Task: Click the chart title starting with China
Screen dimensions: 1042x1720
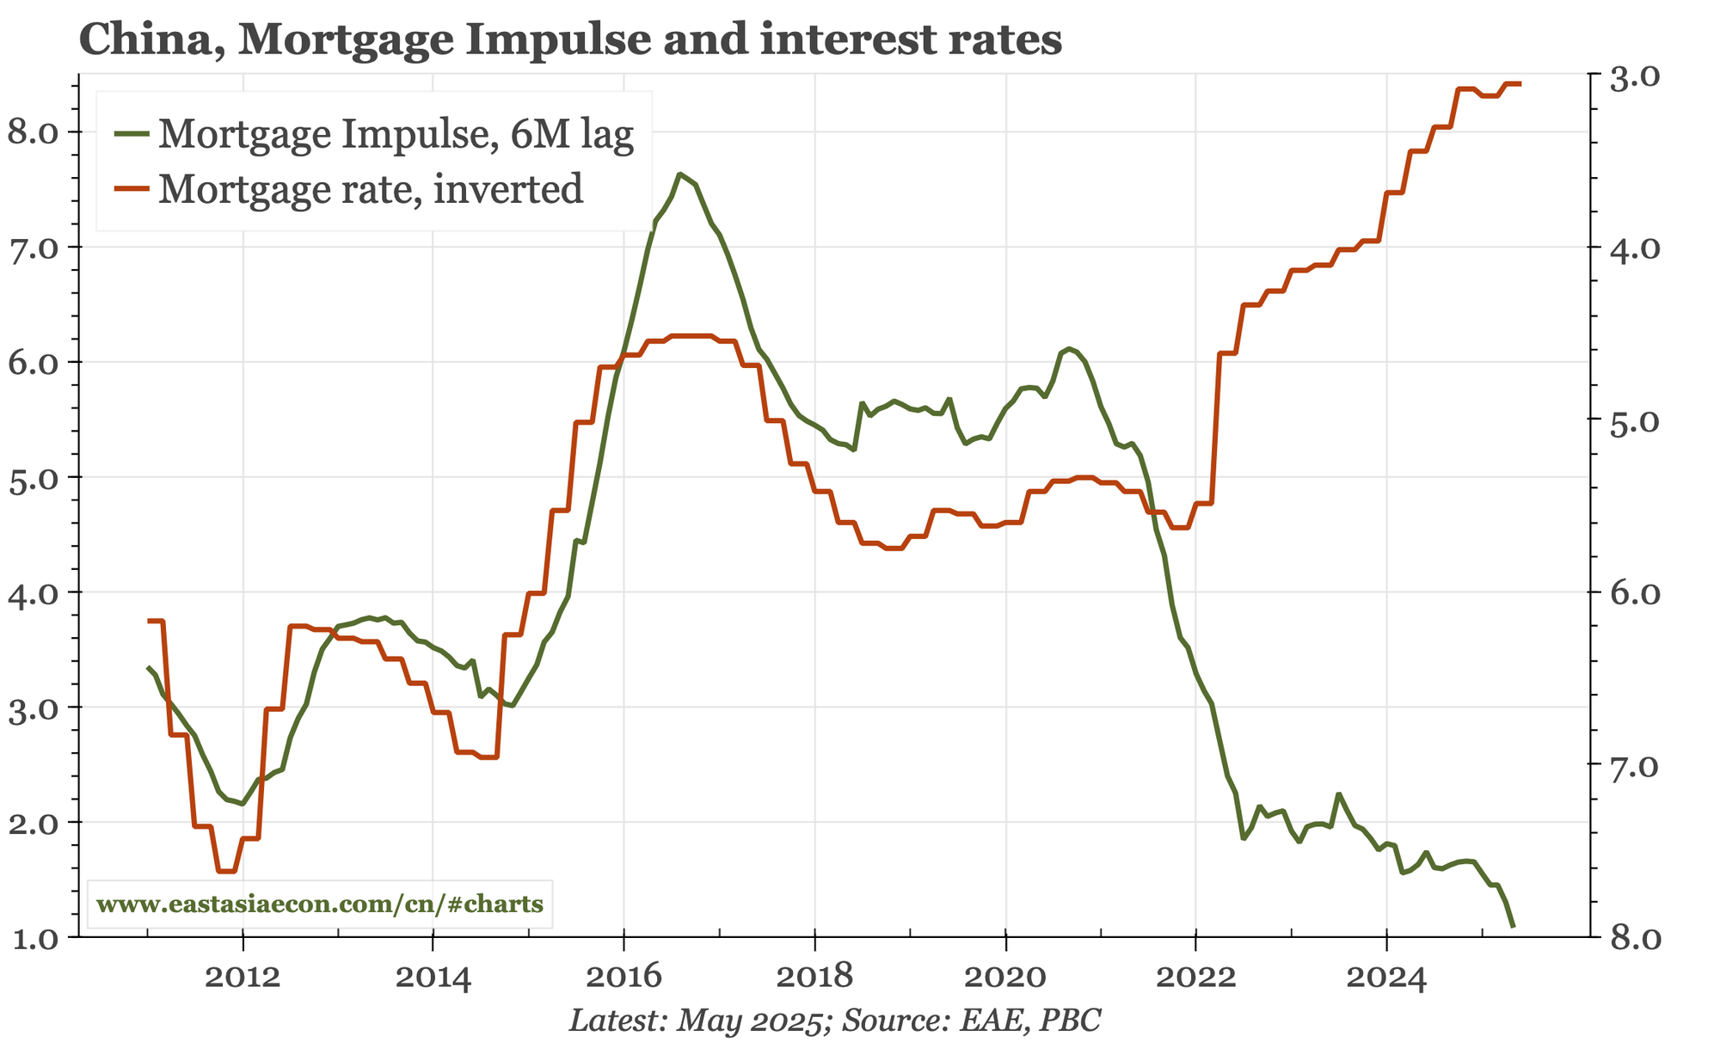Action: pos(570,40)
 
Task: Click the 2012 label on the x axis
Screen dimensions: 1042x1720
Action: pos(243,978)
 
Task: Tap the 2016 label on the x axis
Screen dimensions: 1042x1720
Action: pos(623,978)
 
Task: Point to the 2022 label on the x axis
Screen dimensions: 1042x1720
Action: pos(1195,978)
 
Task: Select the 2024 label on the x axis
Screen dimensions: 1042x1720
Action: pos(1385,978)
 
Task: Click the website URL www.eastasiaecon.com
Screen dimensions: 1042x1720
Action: pos(320,904)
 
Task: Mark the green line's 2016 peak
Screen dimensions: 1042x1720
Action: pos(679,174)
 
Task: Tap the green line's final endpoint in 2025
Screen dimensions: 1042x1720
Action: pos(1514,927)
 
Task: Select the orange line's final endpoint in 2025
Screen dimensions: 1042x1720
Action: pos(1520,83)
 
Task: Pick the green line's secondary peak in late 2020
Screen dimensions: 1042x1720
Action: pos(1068,348)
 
